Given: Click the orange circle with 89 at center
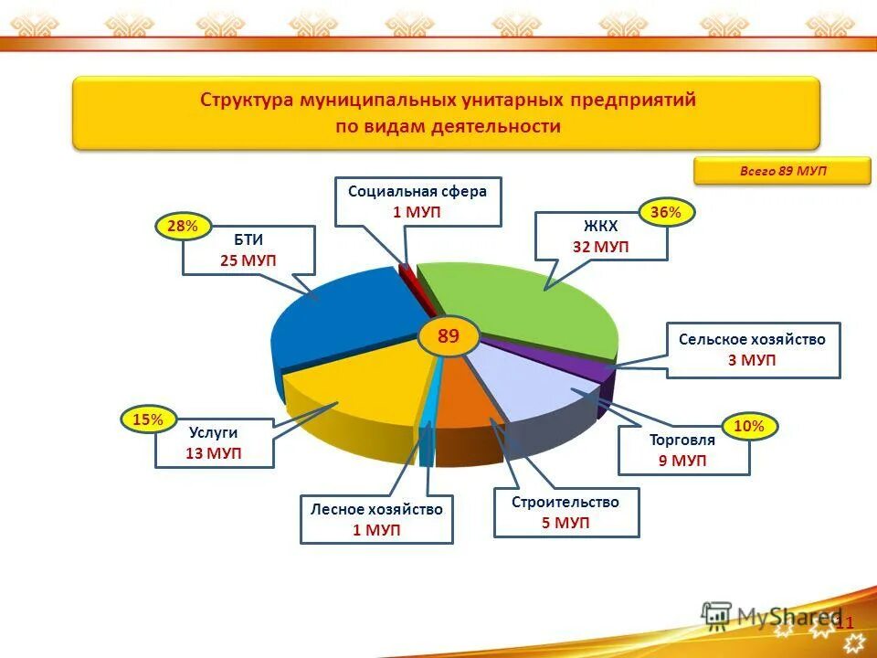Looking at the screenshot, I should (x=448, y=336).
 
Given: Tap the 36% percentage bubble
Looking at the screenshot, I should (x=665, y=213).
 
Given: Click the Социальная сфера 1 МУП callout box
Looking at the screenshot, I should (x=417, y=201).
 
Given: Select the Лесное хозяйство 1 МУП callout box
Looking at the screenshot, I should (x=376, y=519).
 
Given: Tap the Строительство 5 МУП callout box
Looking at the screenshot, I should (x=565, y=512).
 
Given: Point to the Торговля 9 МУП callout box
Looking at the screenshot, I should (x=683, y=450).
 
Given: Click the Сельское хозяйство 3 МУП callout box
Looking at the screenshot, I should (x=752, y=349).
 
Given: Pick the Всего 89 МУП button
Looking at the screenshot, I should (x=782, y=171).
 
